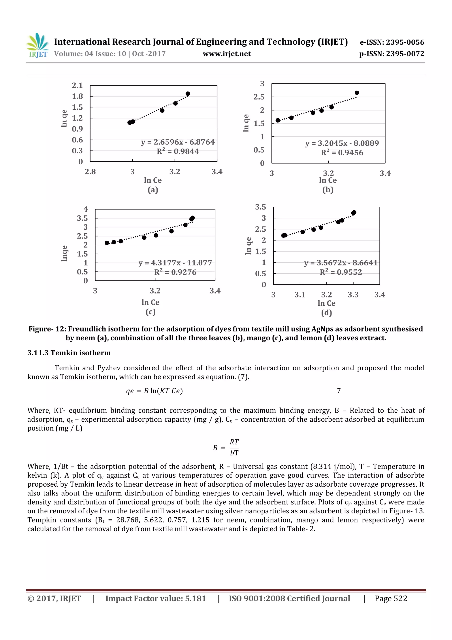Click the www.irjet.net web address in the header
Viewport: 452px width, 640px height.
[227, 54]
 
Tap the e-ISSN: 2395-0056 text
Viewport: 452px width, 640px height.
[392, 42]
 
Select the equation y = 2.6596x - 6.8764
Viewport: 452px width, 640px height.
[178, 142]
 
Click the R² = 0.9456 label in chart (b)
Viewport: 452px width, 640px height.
[342, 153]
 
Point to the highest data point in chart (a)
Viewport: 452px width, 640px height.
[188, 94]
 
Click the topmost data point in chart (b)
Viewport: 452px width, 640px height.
[357, 93]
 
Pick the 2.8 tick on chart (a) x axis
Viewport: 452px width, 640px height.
[90, 172]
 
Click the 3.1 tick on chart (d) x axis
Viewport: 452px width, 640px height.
[300, 295]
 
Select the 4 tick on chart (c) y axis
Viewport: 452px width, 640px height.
[85, 209]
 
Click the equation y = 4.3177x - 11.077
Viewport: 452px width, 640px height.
[175, 263]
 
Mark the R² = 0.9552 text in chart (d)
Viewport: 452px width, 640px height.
[341, 272]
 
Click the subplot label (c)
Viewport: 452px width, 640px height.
[151, 312]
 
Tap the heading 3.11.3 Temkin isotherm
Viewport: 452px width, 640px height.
[69, 353]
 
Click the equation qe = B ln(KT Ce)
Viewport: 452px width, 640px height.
[154, 391]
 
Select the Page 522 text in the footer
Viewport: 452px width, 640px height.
[391, 598]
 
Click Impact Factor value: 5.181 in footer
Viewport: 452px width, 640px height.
[156, 598]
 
